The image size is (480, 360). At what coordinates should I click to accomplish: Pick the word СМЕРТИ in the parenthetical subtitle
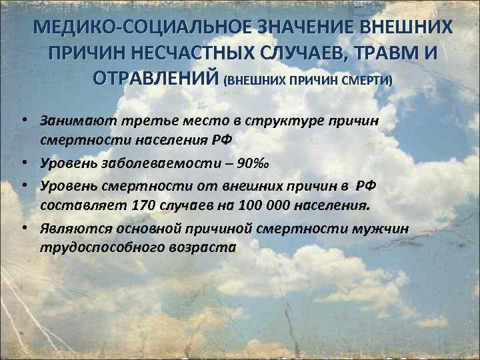tap(367, 80)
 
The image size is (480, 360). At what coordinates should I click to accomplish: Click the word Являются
tap(73, 229)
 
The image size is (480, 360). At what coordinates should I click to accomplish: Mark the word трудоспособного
tap(95, 246)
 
